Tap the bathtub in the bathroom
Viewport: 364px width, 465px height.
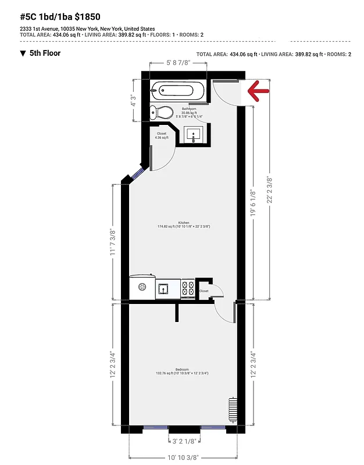coord(178,91)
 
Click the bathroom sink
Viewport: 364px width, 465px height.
coord(194,135)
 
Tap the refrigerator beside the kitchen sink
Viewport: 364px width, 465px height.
coord(142,287)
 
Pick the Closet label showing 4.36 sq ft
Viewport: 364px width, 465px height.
coord(162,135)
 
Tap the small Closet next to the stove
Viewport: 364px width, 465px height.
coord(204,291)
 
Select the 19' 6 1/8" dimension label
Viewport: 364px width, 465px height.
coord(252,202)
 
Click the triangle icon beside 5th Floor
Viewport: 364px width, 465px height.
coord(23,53)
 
